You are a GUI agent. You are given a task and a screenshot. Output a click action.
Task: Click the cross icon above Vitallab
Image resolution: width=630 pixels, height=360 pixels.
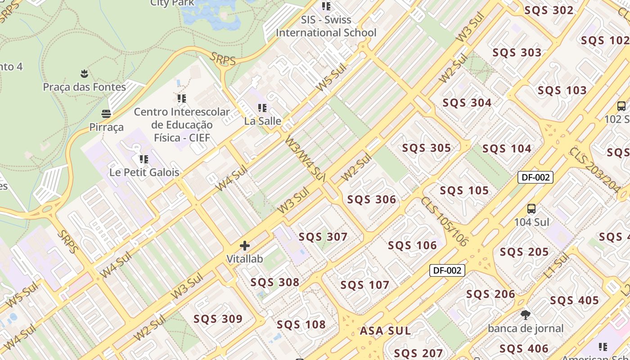[245, 246]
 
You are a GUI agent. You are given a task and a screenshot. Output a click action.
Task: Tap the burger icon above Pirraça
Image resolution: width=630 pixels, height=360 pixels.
[106, 113]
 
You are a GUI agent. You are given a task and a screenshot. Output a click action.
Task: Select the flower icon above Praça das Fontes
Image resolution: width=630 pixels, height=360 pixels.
[84, 73]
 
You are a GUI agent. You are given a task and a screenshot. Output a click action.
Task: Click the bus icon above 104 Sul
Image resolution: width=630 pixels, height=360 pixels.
[531, 209]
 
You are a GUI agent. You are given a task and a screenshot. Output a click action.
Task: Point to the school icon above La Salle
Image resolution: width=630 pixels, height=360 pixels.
[262, 108]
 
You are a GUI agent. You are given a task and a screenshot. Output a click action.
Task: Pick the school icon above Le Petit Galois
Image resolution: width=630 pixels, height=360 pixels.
[144, 159]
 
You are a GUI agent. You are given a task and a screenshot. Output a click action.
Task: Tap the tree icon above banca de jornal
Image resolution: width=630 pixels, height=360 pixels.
[525, 315]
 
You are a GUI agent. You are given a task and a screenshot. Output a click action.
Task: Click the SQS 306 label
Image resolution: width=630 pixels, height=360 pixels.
[372, 199]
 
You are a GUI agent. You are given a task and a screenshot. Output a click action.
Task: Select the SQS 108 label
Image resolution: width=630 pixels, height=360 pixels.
[301, 324]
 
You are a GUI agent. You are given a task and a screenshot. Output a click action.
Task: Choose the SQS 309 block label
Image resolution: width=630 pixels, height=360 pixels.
[218, 319]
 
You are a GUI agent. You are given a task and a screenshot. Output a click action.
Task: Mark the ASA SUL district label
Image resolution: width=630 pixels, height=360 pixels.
[385, 331]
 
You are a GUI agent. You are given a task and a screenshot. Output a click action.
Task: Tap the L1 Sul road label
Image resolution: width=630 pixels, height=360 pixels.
[556, 265]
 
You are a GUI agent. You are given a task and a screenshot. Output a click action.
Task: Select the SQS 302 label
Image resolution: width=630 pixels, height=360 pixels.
[549, 10]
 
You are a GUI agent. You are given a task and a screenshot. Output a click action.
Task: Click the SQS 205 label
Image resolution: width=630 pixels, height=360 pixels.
[524, 252]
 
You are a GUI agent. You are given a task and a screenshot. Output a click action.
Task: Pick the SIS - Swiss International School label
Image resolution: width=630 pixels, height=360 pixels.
[326, 26]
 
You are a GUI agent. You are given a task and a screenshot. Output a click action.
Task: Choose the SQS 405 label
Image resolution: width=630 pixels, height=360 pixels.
[575, 301]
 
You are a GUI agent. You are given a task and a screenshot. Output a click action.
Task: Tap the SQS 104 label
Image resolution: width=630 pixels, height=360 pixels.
[507, 148]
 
